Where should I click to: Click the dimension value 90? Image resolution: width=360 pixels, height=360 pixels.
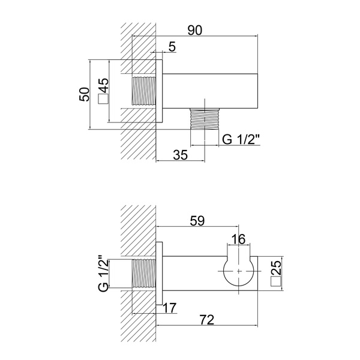195,31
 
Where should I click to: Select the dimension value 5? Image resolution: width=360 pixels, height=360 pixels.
172,47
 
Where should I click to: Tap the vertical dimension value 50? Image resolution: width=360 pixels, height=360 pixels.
84,94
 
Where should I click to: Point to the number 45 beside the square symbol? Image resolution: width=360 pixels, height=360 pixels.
103,85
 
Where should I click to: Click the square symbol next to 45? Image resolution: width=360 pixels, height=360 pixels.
103,99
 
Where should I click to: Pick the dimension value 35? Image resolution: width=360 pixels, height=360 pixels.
181,155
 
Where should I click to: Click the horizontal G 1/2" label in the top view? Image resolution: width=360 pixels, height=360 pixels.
241,139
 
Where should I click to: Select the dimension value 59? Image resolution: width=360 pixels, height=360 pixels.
197,221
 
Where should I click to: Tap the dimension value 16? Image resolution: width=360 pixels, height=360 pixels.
238,239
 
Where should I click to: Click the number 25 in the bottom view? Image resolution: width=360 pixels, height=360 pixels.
276,267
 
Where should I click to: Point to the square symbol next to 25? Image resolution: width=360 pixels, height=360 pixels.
276,281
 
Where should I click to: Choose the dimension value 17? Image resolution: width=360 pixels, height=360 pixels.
170,308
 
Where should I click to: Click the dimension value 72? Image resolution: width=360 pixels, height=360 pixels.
206,320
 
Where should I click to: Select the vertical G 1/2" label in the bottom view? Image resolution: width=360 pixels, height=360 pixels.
103,273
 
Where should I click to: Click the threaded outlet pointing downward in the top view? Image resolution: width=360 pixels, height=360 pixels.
205,119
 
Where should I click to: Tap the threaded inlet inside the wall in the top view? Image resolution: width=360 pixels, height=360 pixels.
143,91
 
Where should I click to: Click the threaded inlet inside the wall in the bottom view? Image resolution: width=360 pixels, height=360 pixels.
143,274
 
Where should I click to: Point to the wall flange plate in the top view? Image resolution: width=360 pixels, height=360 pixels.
159,91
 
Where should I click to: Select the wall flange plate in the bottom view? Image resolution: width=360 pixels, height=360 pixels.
159,274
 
